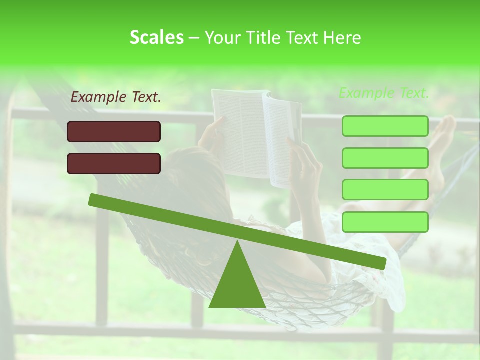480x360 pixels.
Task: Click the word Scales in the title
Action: click(156, 37)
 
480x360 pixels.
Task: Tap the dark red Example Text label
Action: click(116, 97)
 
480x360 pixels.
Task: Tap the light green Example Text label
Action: click(384, 93)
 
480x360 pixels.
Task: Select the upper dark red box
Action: click(114, 131)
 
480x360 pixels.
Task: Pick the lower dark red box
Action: click(114, 163)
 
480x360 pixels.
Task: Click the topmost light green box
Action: click(385, 126)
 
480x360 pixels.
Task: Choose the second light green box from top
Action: click(385, 158)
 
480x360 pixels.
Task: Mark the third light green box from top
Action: click(385, 190)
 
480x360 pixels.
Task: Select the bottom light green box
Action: click(385, 222)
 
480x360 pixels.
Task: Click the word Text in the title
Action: click(303, 38)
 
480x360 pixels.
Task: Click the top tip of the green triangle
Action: click(237, 243)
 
